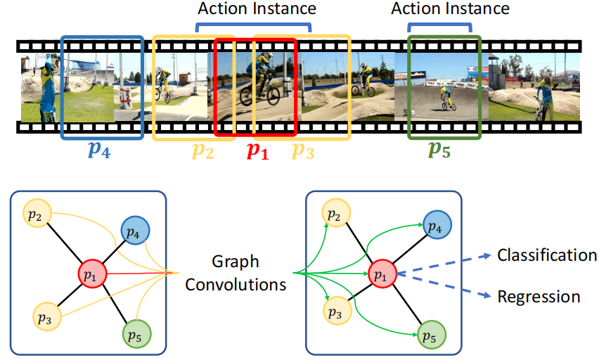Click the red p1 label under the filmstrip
[256, 151]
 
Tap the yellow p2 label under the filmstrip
[202, 151]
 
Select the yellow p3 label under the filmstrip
[303, 151]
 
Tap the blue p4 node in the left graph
[136, 230]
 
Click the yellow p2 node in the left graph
[35, 214]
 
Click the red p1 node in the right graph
[380, 274]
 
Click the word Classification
[547, 255]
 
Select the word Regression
[539, 297]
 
